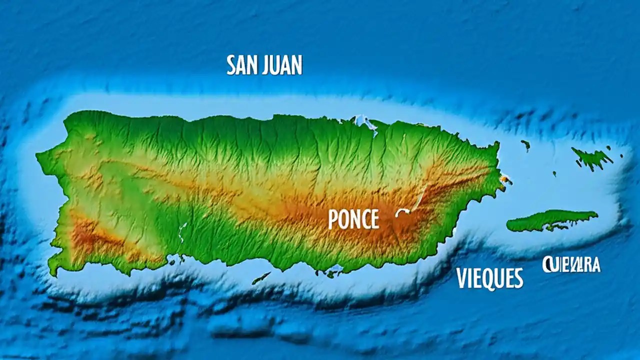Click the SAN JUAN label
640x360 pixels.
coord(264,65)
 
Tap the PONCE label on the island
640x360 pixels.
coord(353,219)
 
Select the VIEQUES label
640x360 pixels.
coord(489,278)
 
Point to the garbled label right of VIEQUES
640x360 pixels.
coord(571,264)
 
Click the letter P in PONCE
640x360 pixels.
coord(333,219)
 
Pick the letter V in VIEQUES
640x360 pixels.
coord(462,278)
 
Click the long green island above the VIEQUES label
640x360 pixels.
coord(550,220)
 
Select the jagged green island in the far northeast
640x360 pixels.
coord(592,158)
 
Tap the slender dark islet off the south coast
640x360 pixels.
coord(261,278)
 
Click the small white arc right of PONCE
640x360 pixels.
coord(402,212)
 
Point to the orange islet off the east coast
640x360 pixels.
coord(506,178)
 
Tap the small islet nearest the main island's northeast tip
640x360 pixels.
coord(525,145)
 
